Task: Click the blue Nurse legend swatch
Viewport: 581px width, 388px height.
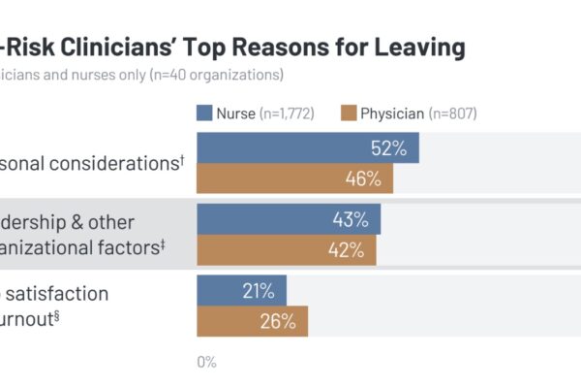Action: (x=204, y=113)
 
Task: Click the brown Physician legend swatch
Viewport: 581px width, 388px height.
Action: (x=347, y=113)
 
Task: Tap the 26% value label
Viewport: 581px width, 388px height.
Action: (x=277, y=321)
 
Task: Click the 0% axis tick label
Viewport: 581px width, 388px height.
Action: (x=206, y=362)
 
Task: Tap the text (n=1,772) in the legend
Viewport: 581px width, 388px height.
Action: (x=290, y=113)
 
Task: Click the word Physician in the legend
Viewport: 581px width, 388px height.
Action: (x=392, y=113)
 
